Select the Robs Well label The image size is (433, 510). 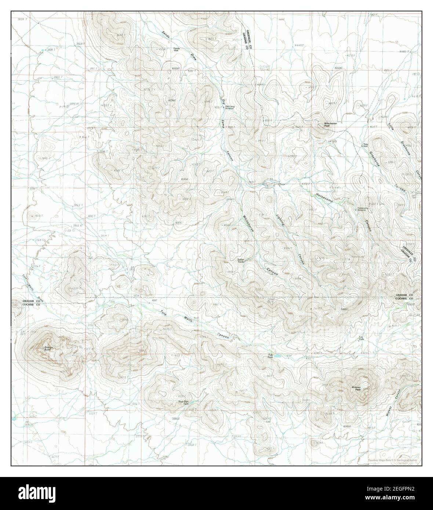[x=365, y=145]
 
